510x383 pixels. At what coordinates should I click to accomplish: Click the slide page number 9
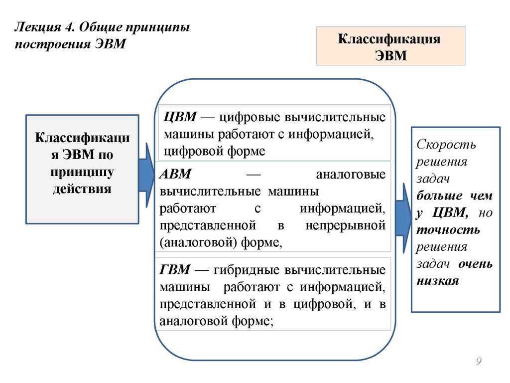pos(479,362)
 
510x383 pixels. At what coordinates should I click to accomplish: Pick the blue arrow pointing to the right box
pos(403,209)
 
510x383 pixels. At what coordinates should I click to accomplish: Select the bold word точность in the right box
pos(448,229)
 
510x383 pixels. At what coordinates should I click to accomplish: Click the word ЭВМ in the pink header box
pos(390,55)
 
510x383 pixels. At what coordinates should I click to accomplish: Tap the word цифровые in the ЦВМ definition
pos(248,118)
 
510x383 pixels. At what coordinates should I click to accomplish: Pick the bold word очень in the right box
pos(476,263)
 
